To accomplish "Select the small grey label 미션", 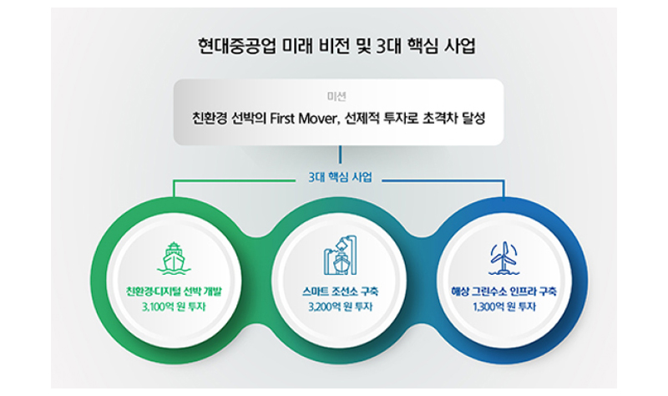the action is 337,96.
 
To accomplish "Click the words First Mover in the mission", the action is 303,118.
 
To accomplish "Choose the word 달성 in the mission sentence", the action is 473,118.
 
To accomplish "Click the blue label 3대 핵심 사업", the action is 340,177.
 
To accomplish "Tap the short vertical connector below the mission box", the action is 340,155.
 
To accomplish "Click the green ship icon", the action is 174,258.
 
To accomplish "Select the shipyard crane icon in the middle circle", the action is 340,256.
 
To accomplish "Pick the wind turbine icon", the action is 504,258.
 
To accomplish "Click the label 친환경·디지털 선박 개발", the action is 174,292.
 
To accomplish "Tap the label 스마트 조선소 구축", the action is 340,292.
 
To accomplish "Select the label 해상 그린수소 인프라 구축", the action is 504,292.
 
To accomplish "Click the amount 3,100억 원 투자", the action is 174,307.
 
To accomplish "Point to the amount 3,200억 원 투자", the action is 340,307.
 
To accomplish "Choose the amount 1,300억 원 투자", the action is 504,307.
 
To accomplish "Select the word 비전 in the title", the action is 332,46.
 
